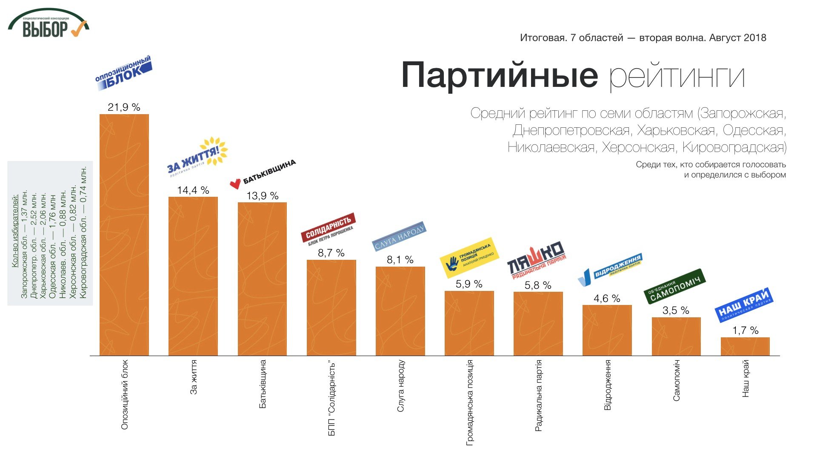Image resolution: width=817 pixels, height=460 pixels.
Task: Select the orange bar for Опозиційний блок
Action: tap(124, 234)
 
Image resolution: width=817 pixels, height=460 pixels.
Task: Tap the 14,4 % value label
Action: tap(193, 190)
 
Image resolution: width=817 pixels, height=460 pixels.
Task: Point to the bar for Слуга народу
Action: tap(400, 311)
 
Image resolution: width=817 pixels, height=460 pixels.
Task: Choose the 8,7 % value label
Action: tap(331, 253)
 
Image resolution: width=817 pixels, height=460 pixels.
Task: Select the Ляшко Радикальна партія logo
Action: tap(537, 260)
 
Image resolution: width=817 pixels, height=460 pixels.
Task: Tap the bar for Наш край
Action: tap(745, 346)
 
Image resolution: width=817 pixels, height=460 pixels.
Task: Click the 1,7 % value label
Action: tap(745, 331)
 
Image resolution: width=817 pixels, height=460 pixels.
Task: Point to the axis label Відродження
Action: tap(608, 385)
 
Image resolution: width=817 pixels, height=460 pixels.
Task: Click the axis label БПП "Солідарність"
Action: tap(332, 399)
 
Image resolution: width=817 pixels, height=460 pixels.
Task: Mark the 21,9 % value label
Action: tap(124, 107)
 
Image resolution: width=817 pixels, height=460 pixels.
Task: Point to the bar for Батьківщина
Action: tap(262, 279)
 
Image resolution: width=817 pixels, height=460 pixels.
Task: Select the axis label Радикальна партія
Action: tap(538, 396)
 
